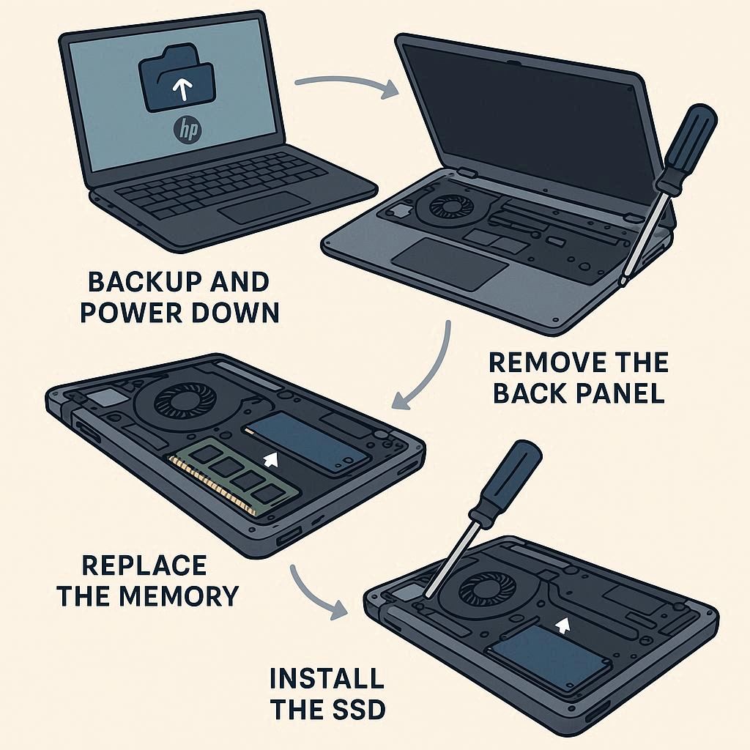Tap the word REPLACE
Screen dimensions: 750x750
pyautogui.click(x=144, y=565)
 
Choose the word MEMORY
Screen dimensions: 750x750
pyautogui.click(x=179, y=596)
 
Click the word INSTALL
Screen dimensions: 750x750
pyautogui.click(x=327, y=677)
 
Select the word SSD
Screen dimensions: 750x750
pyautogui.click(x=353, y=709)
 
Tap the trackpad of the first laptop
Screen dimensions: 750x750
pyautogui.click(x=264, y=207)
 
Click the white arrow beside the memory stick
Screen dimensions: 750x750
pyautogui.click(x=271, y=459)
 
